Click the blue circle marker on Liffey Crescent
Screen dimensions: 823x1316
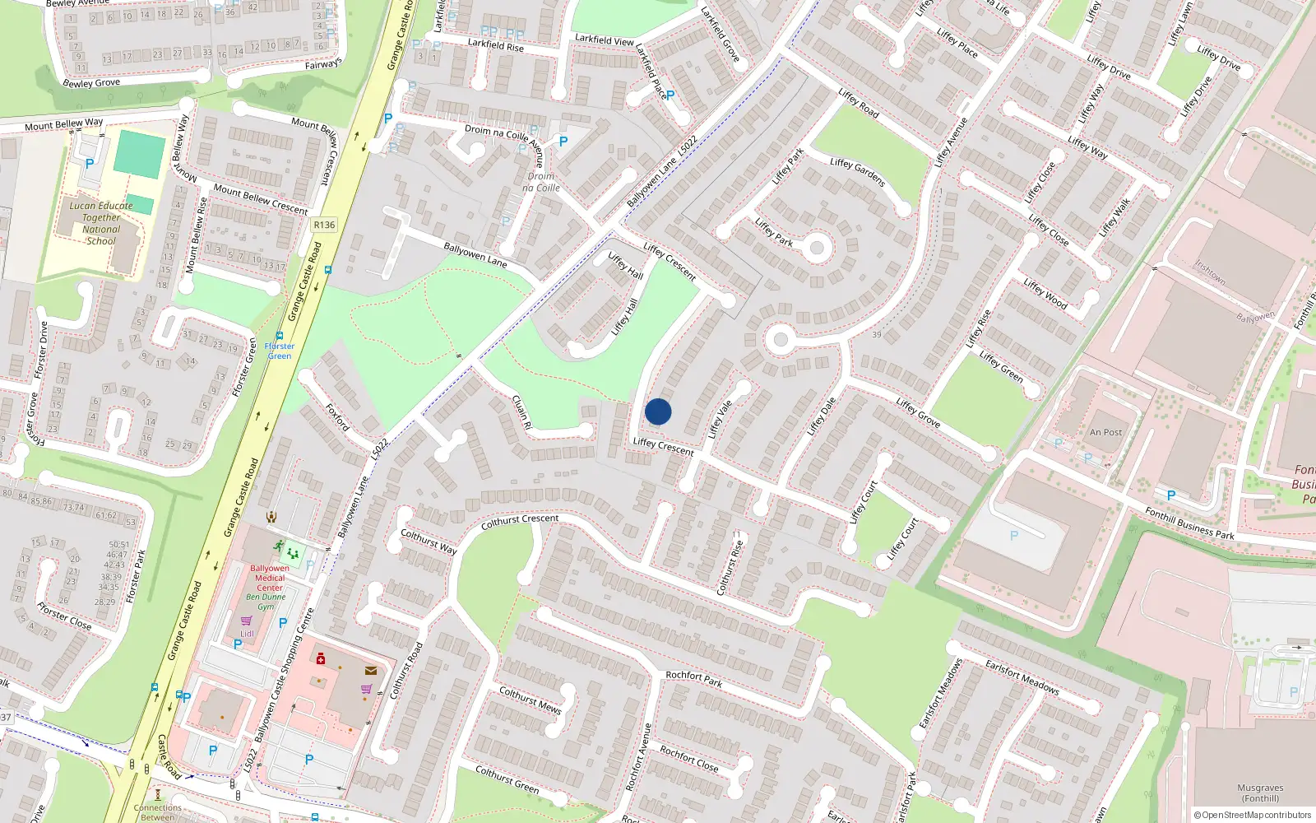coord(658,411)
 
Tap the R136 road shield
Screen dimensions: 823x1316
coord(324,225)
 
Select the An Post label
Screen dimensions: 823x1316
coord(1105,432)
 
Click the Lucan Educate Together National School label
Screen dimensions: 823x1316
coord(101,223)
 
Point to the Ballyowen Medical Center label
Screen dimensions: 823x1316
coord(270,578)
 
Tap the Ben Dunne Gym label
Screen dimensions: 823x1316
coord(266,602)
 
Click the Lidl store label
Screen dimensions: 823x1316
coord(247,634)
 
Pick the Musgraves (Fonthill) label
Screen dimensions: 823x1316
coord(1260,793)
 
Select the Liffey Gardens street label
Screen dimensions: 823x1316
coord(857,172)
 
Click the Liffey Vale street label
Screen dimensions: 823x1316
coord(721,419)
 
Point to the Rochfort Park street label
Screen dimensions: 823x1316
coord(693,678)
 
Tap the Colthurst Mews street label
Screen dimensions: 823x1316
coord(531,700)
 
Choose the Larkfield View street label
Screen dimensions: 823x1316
coord(604,40)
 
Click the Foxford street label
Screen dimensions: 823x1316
coord(337,417)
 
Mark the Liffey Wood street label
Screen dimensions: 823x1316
coord(1045,294)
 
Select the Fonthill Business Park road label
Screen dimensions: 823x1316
coord(1189,523)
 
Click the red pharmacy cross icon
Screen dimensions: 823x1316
coord(321,658)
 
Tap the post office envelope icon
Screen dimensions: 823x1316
coord(371,671)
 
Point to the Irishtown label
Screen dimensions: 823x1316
coord(1210,272)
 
